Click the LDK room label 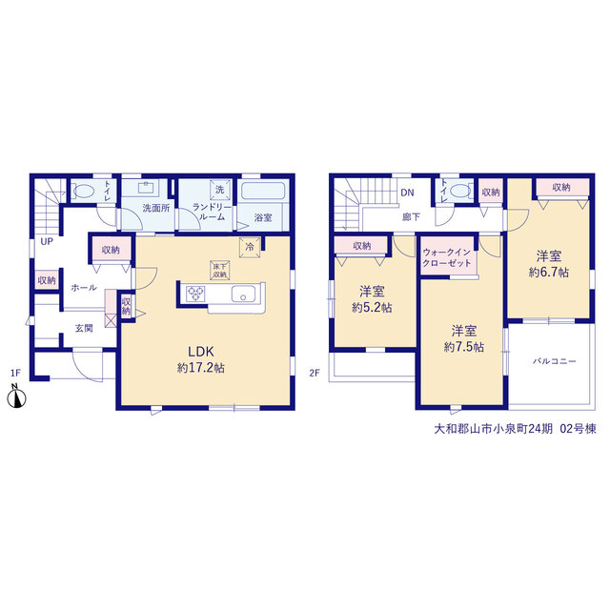pos(201,352)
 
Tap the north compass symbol pos(17,397)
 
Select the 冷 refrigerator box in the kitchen pos(250,247)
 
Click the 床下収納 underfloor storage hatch pos(220,270)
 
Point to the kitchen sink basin pos(244,295)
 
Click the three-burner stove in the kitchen pos(195,294)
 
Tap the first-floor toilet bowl pos(84,191)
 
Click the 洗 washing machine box pos(220,190)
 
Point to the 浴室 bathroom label pos(263,217)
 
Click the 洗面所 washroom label pos(156,208)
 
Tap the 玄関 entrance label pos(84,328)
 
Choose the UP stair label pos(47,241)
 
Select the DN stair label pos(407,193)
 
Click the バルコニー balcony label pos(555,361)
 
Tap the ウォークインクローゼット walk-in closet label pos(447,257)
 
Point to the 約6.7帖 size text pos(549,273)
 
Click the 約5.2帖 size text pos(372,308)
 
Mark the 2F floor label pos(315,373)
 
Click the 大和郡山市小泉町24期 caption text pos(493,429)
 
